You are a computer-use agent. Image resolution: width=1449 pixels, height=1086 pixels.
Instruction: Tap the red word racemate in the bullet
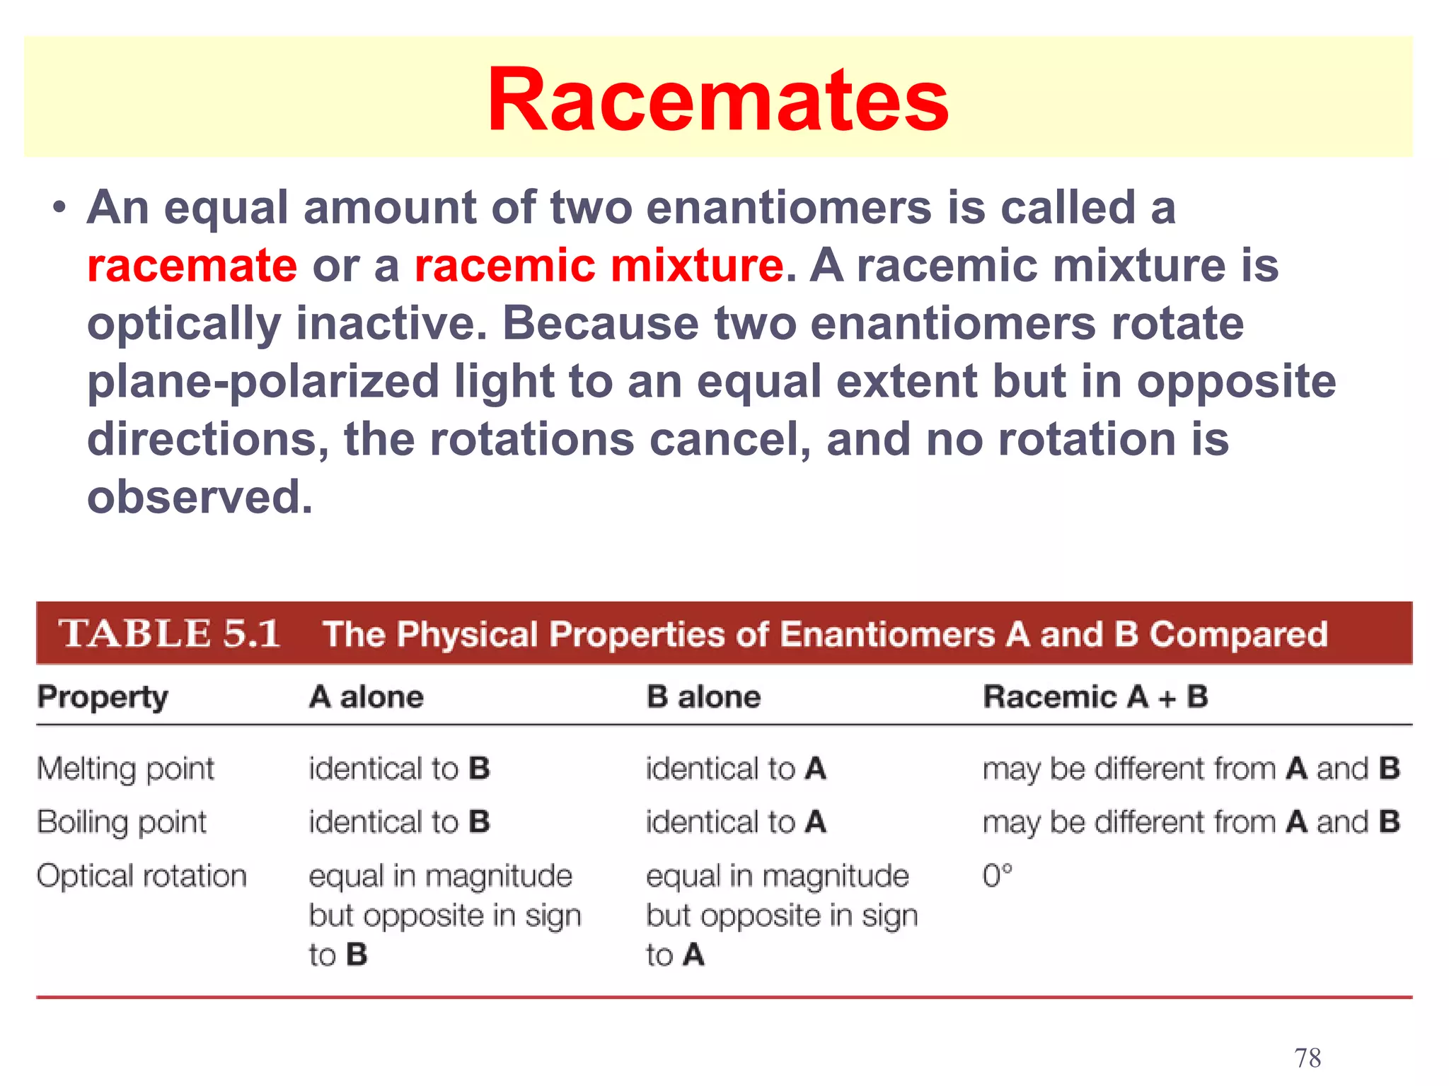point(192,266)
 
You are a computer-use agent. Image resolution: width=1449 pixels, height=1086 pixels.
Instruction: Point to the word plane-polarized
point(263,382)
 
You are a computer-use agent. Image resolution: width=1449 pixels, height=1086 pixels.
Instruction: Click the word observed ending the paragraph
point(199,497)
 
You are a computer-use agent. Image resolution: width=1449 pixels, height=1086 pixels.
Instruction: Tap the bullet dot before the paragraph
point(60,209)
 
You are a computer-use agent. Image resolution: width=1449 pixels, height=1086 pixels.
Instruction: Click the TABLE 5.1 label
point(169,633)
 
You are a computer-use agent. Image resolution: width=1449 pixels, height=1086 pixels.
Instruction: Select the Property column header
point(103,697)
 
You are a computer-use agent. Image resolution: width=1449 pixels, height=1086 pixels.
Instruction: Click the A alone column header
point(366,697)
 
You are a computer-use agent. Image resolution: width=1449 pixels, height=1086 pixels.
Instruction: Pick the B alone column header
point(703,697)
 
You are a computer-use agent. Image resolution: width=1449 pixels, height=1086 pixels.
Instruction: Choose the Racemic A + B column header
point(1095,697)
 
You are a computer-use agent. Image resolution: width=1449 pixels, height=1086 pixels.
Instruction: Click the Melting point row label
point(125,769)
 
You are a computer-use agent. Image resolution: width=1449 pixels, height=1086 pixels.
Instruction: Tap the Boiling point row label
point(122,822)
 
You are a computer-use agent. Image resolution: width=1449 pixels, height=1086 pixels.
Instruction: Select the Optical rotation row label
point(142,876)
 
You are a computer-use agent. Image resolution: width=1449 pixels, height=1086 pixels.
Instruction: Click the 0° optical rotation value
point(998,876)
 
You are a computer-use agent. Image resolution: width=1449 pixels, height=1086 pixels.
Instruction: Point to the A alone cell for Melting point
point(399,769)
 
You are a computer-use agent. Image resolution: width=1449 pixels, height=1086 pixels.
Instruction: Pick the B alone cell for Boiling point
point(736,822)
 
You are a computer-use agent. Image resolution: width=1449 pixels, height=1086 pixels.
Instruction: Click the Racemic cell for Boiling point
point(1191,822)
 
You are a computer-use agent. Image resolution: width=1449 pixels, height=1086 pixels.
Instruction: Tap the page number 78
point(1307,1058)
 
